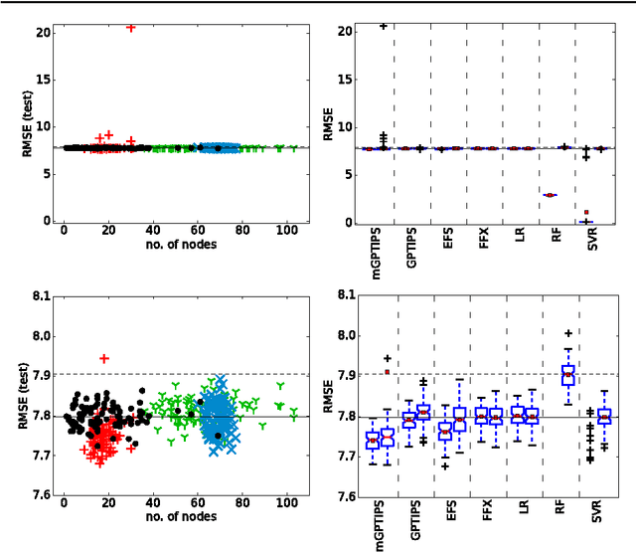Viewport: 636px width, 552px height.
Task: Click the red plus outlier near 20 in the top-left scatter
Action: [131, 28]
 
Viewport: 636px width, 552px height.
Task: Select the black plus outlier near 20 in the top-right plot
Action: [384, 26]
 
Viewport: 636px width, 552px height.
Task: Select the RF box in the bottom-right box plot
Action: [567, 374]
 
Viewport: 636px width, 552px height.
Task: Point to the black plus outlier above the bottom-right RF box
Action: [567, 334]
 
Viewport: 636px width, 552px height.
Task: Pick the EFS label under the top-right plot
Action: [451, 239]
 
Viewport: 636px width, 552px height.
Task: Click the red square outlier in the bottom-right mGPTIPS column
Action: [388, 372]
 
